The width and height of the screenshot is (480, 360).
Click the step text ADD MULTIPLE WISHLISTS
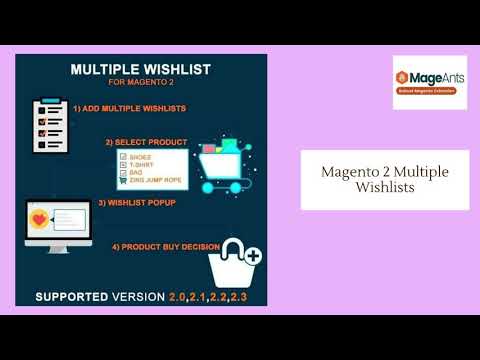click(128, 107)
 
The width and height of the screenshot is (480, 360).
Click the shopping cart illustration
click(220, 160)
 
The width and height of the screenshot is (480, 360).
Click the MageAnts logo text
click(437, 76)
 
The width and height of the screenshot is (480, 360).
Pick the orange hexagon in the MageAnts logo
click(404, 77)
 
